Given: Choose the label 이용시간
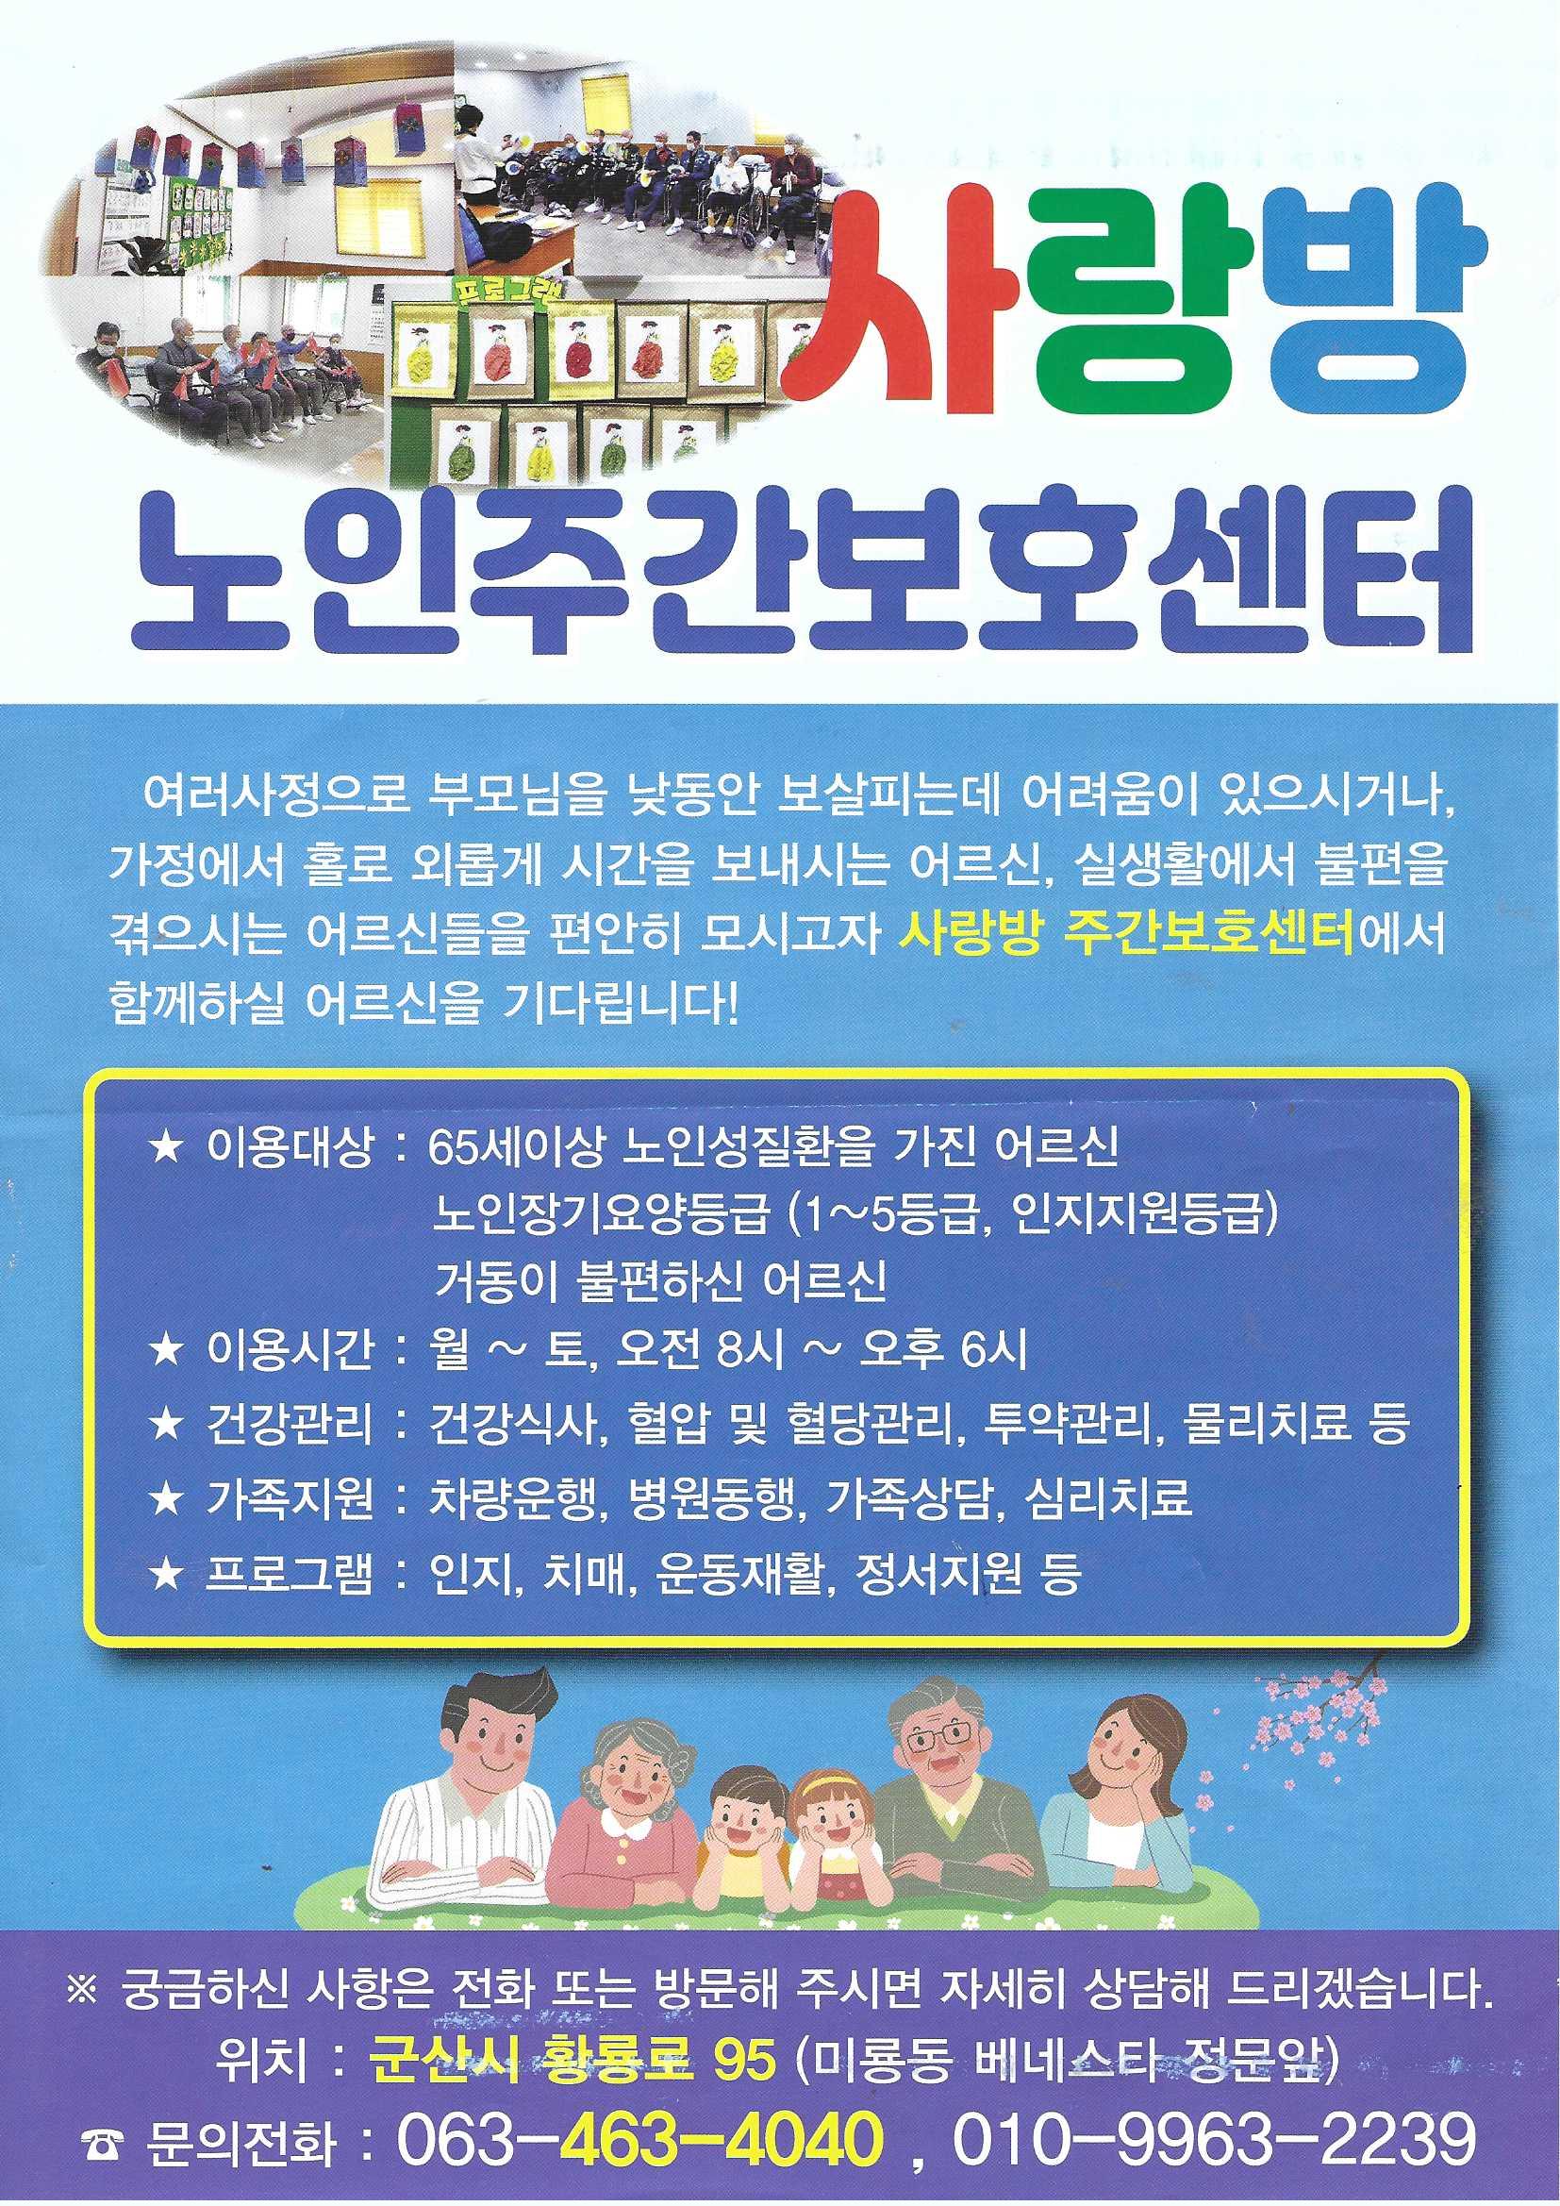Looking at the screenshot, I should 289,1351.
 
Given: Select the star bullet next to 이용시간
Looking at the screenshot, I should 167,1352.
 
